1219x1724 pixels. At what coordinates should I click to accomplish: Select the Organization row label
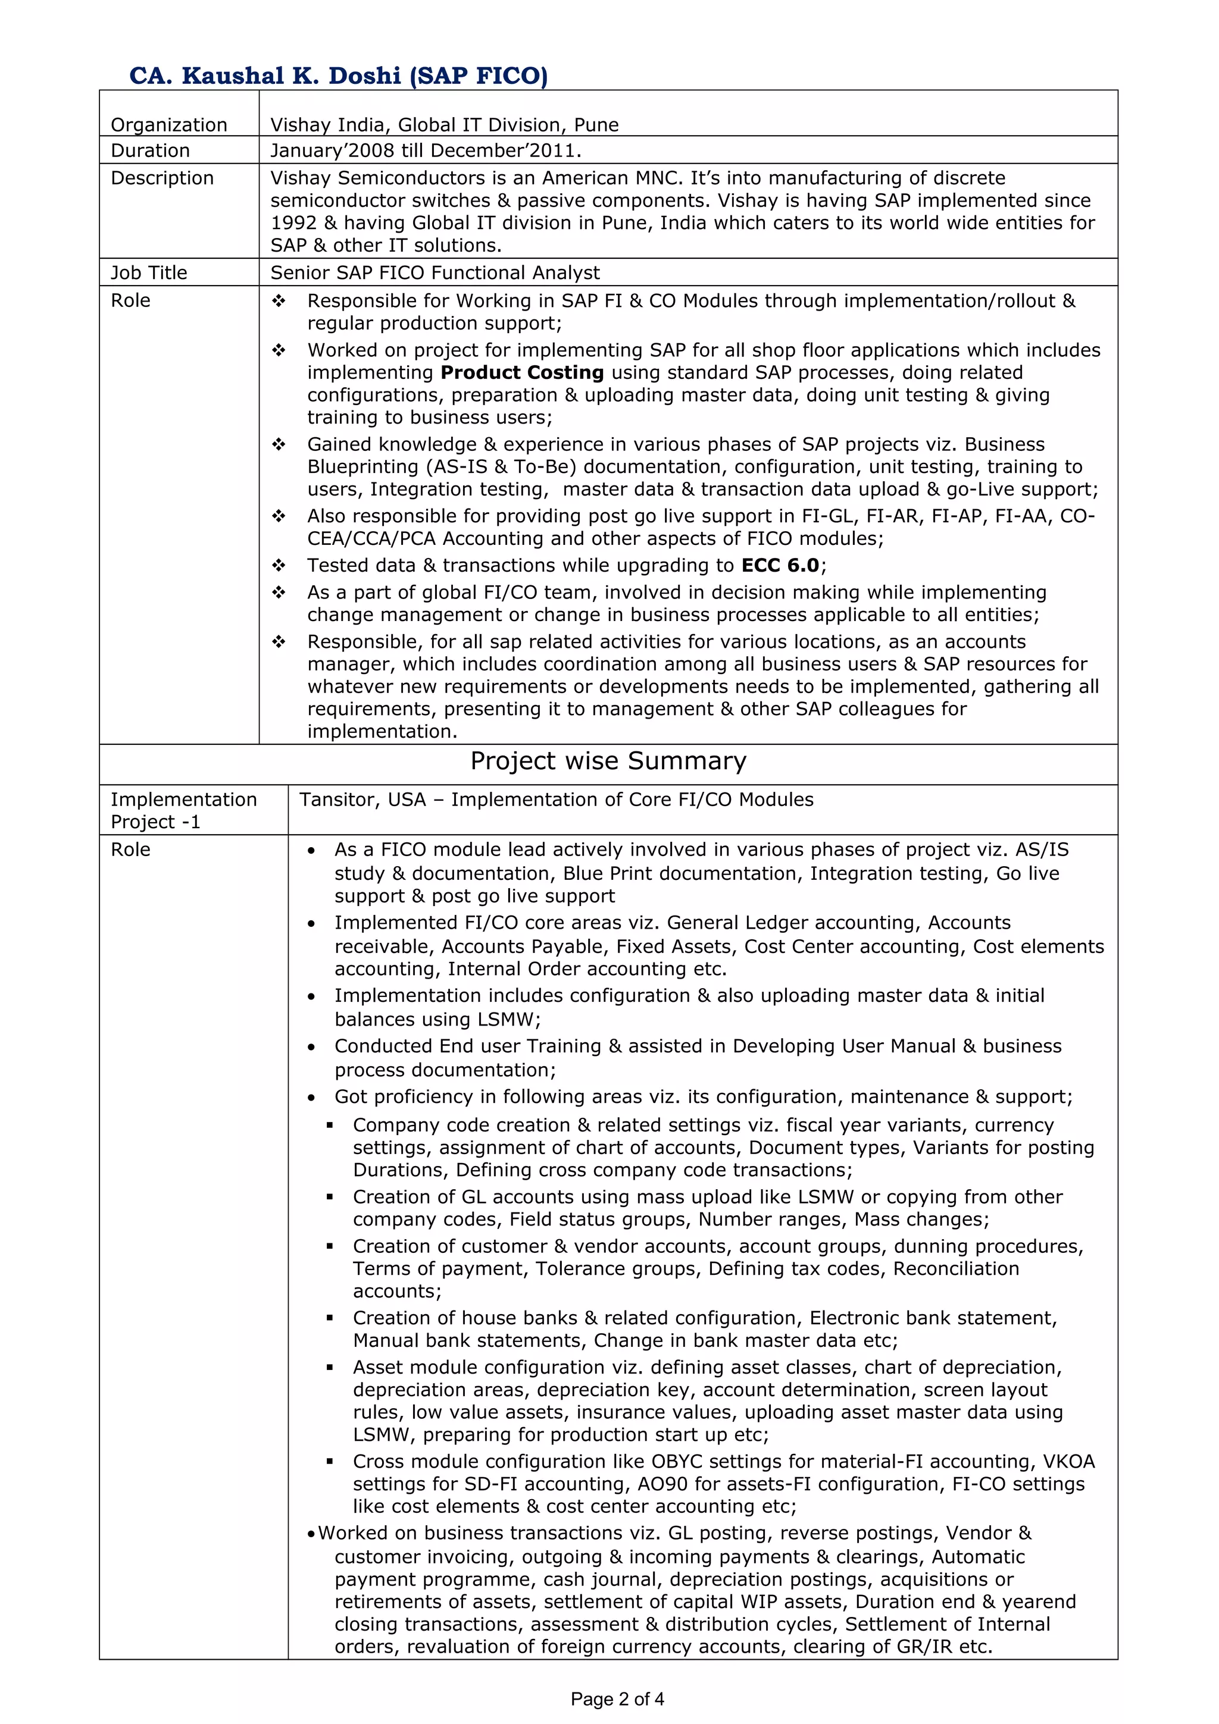pos(168,125)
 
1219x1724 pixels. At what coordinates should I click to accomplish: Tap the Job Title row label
pos(149,272)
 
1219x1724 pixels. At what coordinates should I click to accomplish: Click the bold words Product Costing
pos(522,372)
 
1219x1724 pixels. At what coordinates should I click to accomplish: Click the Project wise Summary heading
pos(608,761)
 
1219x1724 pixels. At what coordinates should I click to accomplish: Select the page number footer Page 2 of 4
pos(617,1699)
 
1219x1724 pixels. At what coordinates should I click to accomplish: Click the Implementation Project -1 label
pos(183,810)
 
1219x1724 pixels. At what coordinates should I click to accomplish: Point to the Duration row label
pos(150,151)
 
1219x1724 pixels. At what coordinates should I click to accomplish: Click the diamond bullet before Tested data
pos(279,565)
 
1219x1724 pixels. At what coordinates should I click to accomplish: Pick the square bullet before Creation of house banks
pos(330,1318)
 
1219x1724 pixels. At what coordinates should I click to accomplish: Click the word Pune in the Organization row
pos(596,125)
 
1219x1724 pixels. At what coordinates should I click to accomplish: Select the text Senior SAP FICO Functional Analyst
pos(435,272)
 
